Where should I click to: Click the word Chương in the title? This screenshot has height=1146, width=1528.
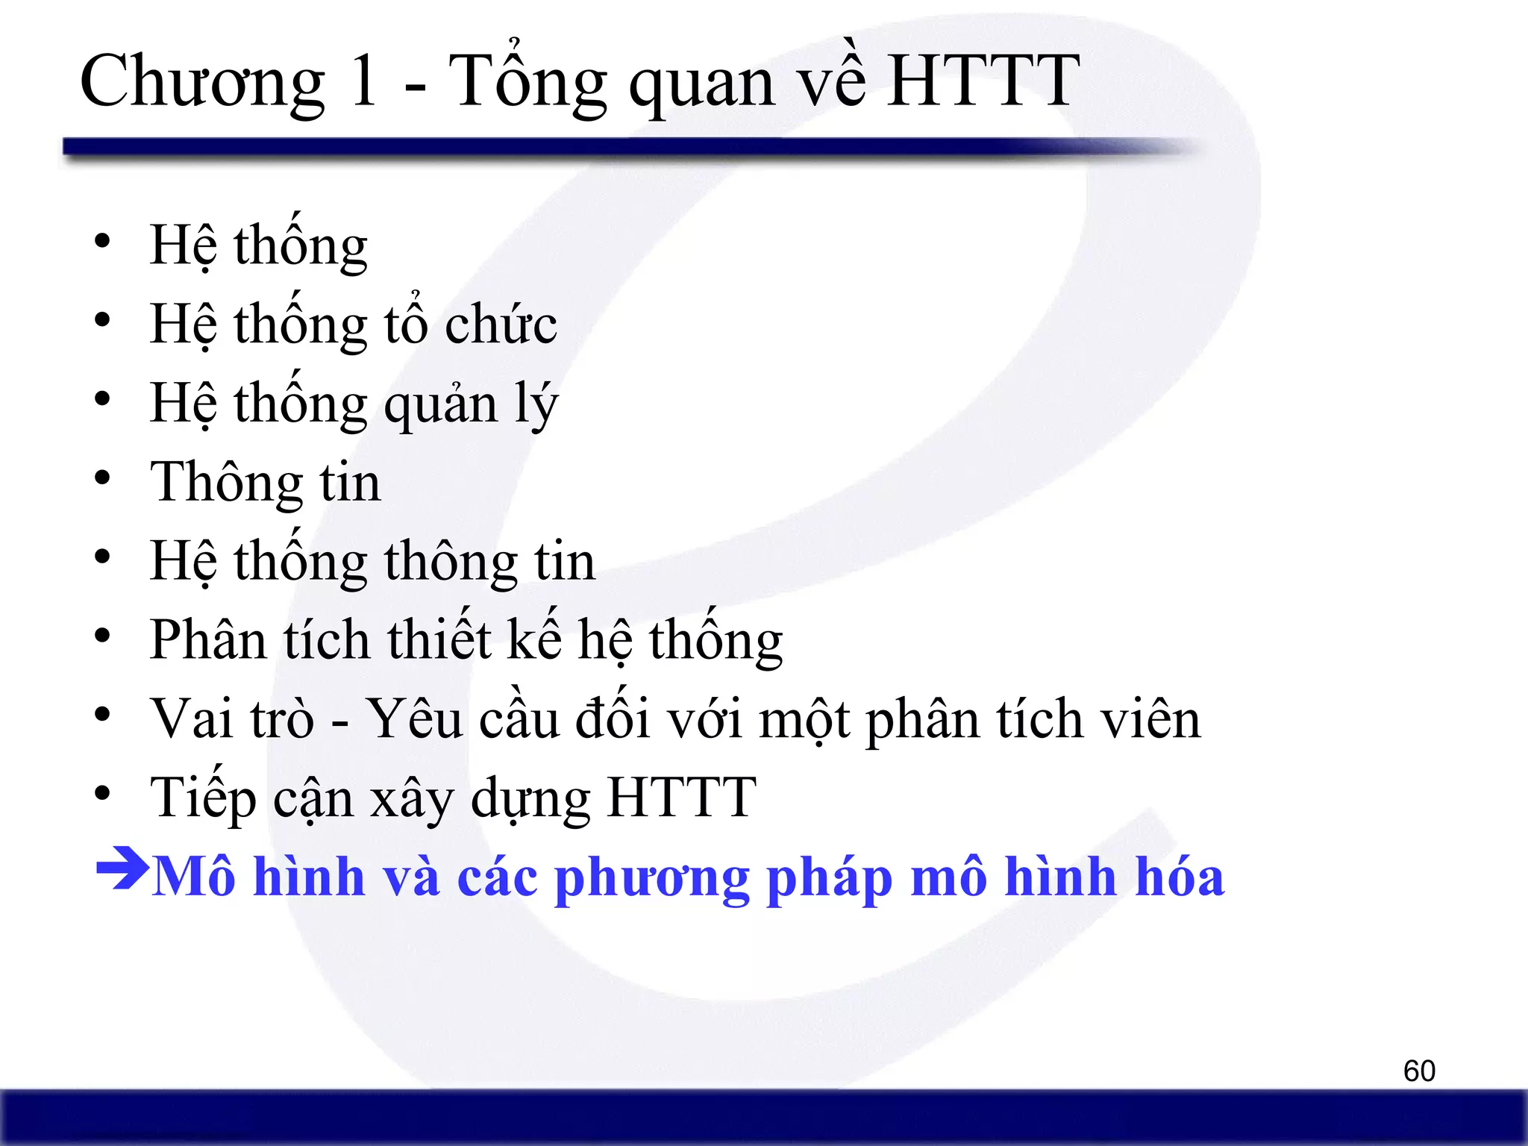pyautogui.click(x=201, y=84)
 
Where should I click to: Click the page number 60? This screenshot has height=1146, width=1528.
pyautogui.click(x=1419, y=1071)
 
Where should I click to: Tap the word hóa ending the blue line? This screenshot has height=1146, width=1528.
pyautogui.click(x=1180, y=876)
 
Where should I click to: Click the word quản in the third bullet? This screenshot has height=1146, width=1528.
pyautogui.click(x=440, y=406)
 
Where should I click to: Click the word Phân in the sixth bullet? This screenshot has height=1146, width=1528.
pyautogui.click(x=207, y=640)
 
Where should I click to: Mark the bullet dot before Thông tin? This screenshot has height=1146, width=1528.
pyautogui.click(x=102, y=478)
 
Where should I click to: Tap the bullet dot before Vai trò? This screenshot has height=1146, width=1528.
pyautogui.click(x=102, y=714)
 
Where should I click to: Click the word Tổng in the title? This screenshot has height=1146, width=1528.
pyautogui.click(x=527, y=84)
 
